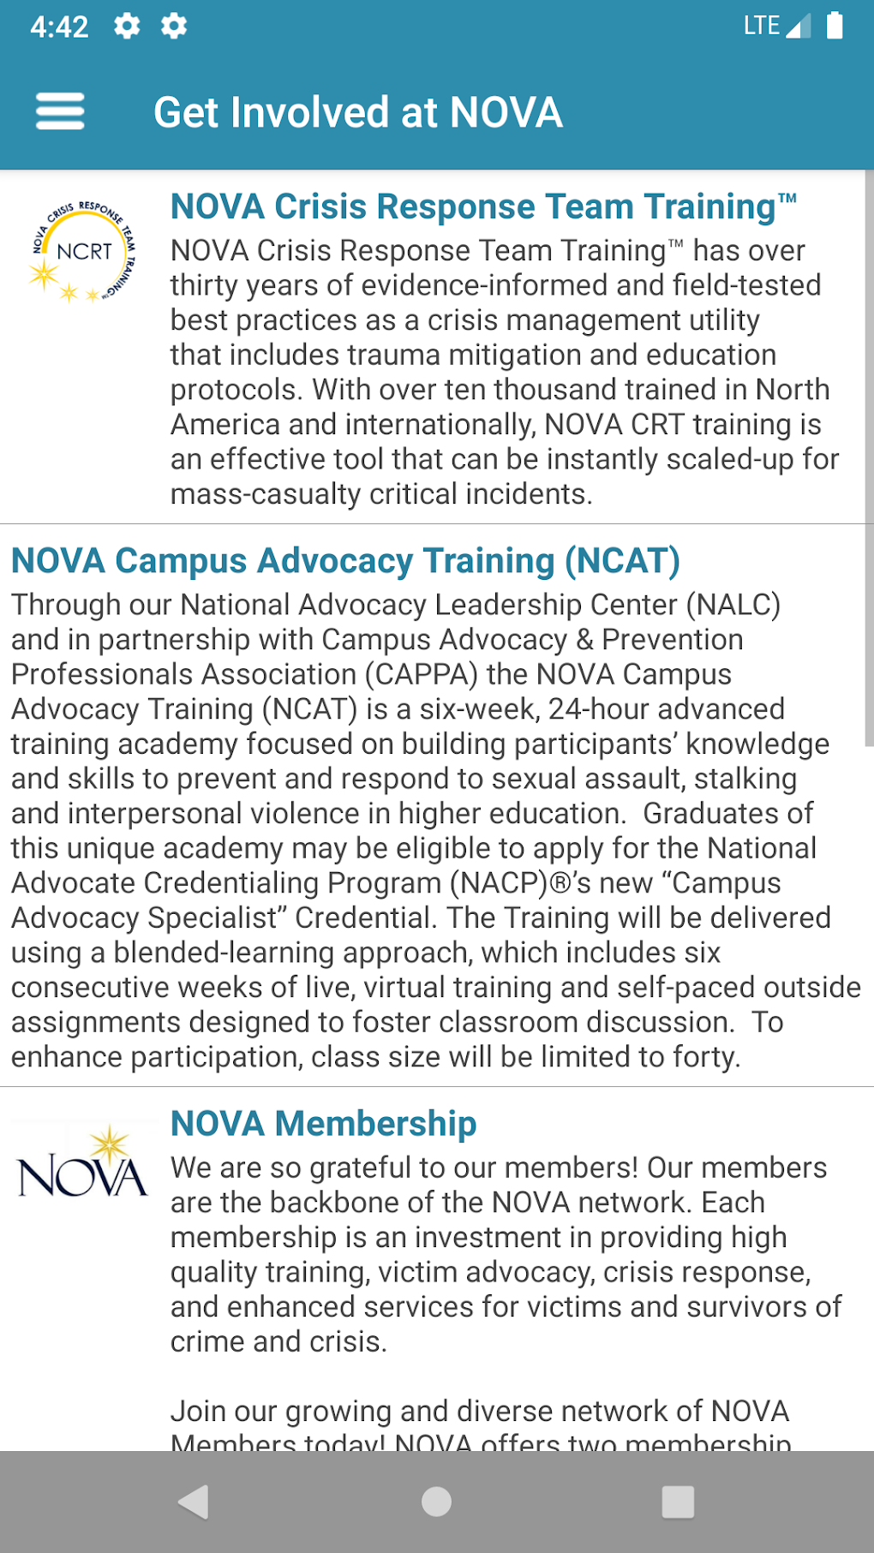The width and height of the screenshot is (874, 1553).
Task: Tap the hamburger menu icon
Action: coord(60,111)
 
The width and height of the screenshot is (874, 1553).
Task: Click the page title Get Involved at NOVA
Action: coord(357,112)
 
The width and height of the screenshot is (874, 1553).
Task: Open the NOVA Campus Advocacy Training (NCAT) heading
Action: coord(345,561)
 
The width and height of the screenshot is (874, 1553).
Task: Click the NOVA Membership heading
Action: coord(323,1123)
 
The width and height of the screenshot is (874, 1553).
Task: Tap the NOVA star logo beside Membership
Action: coord(83,1165)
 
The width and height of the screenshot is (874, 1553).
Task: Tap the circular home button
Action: coord(436,1502)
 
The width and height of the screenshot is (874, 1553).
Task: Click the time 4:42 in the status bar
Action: coord(59,27)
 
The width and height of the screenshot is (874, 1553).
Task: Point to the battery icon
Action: coord(834,26)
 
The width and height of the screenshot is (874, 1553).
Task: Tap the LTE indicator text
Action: coord(761,26)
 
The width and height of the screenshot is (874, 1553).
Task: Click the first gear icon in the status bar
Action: coord(127,27)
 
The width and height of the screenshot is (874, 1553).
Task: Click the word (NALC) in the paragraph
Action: coord(733,605)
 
